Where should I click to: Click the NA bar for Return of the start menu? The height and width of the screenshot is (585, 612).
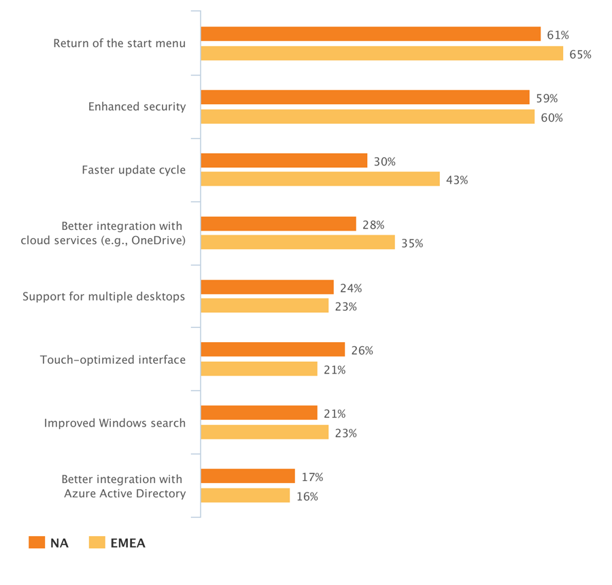(x=371, y=34)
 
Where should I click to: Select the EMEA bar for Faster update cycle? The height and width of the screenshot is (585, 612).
(x=320, y=180)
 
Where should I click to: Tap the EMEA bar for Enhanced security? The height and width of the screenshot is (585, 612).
(x=368, y=117)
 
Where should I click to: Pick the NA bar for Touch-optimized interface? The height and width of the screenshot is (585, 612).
(x=273, y=350)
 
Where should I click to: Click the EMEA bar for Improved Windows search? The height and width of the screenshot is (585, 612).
(x=265, y=432)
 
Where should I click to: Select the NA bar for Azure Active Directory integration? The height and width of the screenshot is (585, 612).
(x=248, y=476)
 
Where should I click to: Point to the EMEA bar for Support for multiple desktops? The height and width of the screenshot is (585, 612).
(x=265, y=306)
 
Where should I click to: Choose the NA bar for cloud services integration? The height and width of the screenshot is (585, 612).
(x=278, y=224)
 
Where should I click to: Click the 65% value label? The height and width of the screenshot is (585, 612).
(x=580, y=54)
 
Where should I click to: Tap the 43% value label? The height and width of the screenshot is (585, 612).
(x=457, y=180)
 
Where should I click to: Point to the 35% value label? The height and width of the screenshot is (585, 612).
(x=411, y=244)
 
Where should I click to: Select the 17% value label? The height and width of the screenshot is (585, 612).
(x=311, y=477)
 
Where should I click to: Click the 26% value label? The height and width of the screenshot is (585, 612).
(x=362, y=351)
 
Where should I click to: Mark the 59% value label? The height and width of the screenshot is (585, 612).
(x=546, y=98)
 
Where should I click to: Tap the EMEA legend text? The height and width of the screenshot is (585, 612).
(x=128, y=543)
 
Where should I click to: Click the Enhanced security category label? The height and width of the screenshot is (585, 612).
(x=137, y=107)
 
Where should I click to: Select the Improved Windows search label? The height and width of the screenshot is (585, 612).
(x=115, y=423)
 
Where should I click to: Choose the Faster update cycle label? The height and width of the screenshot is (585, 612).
(x=133, y=170)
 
